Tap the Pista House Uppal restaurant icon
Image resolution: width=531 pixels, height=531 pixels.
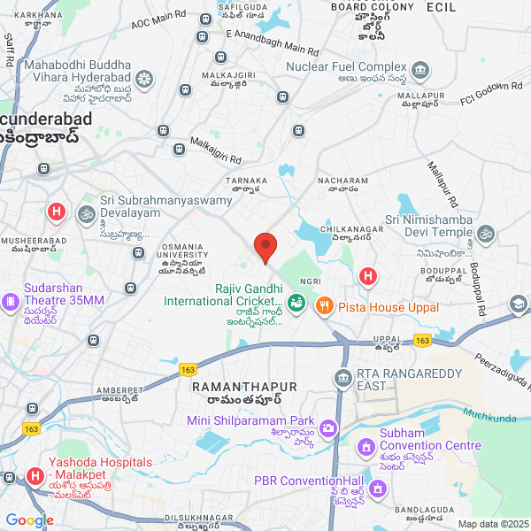tap(324, 306)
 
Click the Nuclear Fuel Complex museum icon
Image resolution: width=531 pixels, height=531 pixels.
tap(420, 69)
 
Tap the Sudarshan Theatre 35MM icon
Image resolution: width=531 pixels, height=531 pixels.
tap(12, 301)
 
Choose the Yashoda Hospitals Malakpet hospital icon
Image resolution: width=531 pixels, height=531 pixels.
tap(35, 476)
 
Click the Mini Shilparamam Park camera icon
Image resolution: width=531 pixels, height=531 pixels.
tap(327, 429)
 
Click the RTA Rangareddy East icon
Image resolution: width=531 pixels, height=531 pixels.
tap(342, 380)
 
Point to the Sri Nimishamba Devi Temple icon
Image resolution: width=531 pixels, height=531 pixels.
tap(485, 234)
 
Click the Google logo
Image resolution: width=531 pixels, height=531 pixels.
tap(29, 520)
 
